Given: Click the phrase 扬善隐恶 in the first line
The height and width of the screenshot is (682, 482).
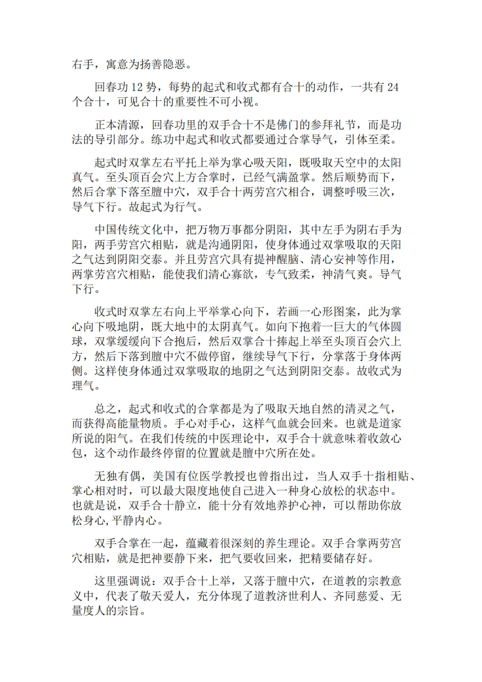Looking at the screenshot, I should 163,64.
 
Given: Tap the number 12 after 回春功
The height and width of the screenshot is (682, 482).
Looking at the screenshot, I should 137,87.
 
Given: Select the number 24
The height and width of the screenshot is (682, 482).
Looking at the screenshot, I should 393,87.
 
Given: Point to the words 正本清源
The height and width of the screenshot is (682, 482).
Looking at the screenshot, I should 117,125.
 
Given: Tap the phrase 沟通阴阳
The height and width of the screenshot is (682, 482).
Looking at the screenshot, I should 231,245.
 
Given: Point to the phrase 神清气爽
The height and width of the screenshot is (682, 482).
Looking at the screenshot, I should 345,274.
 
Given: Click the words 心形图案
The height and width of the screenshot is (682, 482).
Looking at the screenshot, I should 333,312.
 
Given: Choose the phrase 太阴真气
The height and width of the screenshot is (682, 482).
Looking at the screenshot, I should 231,327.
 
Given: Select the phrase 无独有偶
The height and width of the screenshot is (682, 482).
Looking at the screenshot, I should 117,476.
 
